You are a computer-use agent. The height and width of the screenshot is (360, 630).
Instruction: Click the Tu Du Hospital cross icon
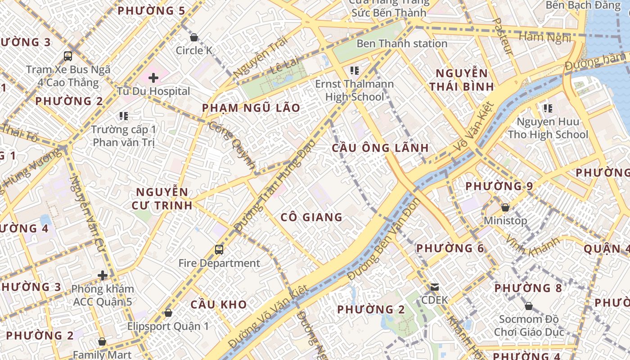[153, 78]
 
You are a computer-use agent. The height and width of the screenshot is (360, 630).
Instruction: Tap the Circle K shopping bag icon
[194, 37]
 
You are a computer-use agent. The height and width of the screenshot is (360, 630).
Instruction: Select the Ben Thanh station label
[402, 44]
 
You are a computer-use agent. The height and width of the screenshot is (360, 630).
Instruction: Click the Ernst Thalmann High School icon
[355, 70]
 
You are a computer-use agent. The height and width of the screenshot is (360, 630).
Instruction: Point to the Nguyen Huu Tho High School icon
[548, 108]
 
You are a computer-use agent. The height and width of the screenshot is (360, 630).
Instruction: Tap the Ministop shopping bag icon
[505, 207]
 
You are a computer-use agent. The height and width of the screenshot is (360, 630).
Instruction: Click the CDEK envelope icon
[435, 287]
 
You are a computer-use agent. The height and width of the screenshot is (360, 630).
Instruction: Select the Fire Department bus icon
[219, 249]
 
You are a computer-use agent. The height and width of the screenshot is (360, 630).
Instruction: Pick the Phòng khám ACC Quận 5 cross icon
[103, 275]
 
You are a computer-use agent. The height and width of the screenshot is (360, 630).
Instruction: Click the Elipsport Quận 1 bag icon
[168, 312]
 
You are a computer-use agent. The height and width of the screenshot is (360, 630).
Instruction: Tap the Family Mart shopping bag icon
[102, 342]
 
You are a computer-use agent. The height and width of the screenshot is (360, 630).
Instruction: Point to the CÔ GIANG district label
[311, 217]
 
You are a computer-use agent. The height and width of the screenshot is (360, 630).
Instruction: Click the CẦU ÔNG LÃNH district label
[380, 148]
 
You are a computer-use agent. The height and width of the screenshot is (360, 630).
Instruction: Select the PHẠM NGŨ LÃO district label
[251, 108]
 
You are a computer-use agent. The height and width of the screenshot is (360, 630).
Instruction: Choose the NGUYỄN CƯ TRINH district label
[162, 199]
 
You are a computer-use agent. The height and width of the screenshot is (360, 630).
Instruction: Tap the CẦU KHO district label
[219, 304]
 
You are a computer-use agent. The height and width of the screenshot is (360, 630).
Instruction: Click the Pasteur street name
[503, 36]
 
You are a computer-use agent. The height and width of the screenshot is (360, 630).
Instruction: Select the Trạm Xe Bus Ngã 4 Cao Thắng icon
[68, 56]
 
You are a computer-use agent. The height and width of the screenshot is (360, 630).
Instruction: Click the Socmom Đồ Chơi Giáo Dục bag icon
[529, 306]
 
